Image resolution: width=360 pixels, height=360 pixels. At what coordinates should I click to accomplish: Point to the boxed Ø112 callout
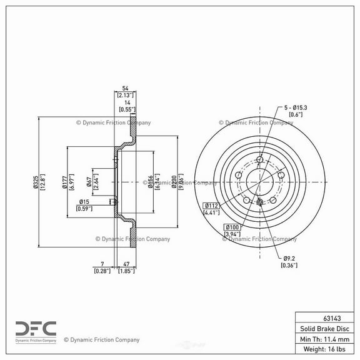(210, 206)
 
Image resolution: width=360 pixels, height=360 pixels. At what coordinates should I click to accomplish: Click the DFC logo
(36, 329)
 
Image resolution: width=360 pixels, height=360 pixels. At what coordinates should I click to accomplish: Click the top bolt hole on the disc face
(259, 160)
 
